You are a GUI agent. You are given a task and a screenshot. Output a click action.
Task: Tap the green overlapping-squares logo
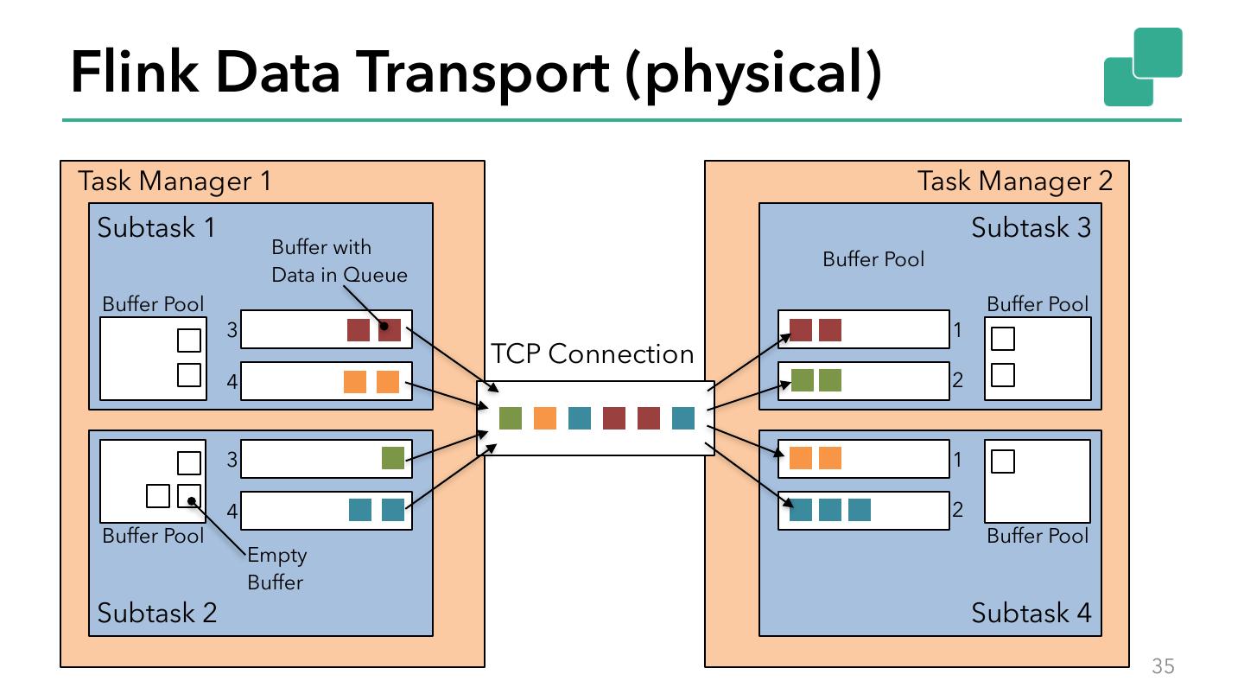pos(1142,67)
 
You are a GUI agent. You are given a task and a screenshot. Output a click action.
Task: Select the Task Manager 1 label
pos(175,181)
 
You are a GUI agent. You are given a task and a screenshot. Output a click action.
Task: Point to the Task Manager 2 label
pos(1014,181)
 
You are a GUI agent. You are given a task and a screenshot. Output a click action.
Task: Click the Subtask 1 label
pos(156,228)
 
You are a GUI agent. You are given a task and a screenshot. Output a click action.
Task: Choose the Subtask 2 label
pos(156,614)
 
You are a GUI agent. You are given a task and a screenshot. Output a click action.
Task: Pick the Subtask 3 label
pos(1031,228)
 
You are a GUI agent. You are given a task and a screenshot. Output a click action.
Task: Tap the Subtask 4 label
pos(1031,614)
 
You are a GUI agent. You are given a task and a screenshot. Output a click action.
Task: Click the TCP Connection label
pos(592,354)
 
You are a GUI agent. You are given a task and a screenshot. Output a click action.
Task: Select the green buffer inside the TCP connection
pos(511,418)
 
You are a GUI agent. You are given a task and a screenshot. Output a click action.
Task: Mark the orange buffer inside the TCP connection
pos(545,418)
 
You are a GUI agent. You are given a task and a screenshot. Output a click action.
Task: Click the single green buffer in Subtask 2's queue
pos(393,458)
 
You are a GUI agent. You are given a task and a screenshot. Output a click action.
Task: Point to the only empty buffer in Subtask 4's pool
pos(1003,462)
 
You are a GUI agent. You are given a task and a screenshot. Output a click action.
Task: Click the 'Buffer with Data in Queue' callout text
pos(339,261)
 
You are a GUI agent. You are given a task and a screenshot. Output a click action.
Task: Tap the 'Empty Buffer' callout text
pos(276,569)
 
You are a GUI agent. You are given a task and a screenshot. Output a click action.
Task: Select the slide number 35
pos(1163,666)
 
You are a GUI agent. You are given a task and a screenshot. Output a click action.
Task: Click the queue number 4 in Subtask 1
pos(232,381)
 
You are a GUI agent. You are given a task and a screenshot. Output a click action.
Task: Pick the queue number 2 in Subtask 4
pos(957,510)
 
